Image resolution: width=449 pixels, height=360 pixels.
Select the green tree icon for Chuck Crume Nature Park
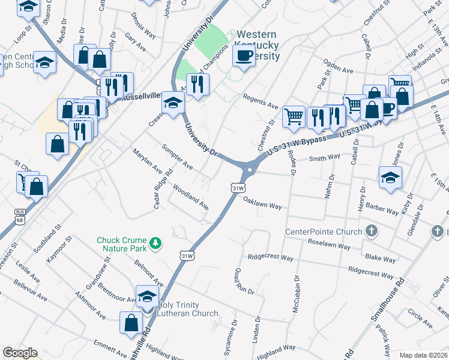156,242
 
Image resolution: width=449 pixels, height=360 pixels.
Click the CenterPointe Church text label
323,232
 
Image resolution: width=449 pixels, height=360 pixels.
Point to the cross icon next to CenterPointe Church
372,231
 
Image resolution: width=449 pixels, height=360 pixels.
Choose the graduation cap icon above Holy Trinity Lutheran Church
146,296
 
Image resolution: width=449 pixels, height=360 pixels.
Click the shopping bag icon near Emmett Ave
131,323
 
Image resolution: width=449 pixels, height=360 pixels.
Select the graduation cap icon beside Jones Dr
390,177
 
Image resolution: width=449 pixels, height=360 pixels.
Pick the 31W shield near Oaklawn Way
238,188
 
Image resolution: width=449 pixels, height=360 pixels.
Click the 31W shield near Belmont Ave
187,256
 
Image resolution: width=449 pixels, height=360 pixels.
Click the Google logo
20,353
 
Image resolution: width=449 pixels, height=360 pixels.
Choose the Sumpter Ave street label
178,156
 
